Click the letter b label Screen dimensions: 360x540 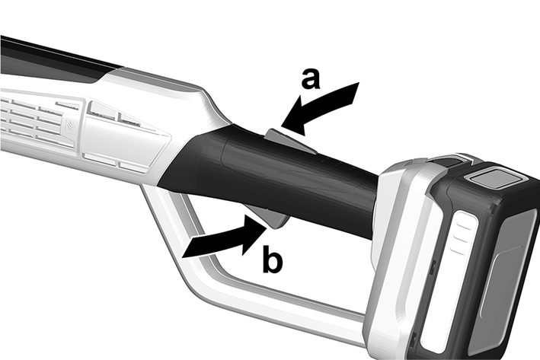coord(272,260)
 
